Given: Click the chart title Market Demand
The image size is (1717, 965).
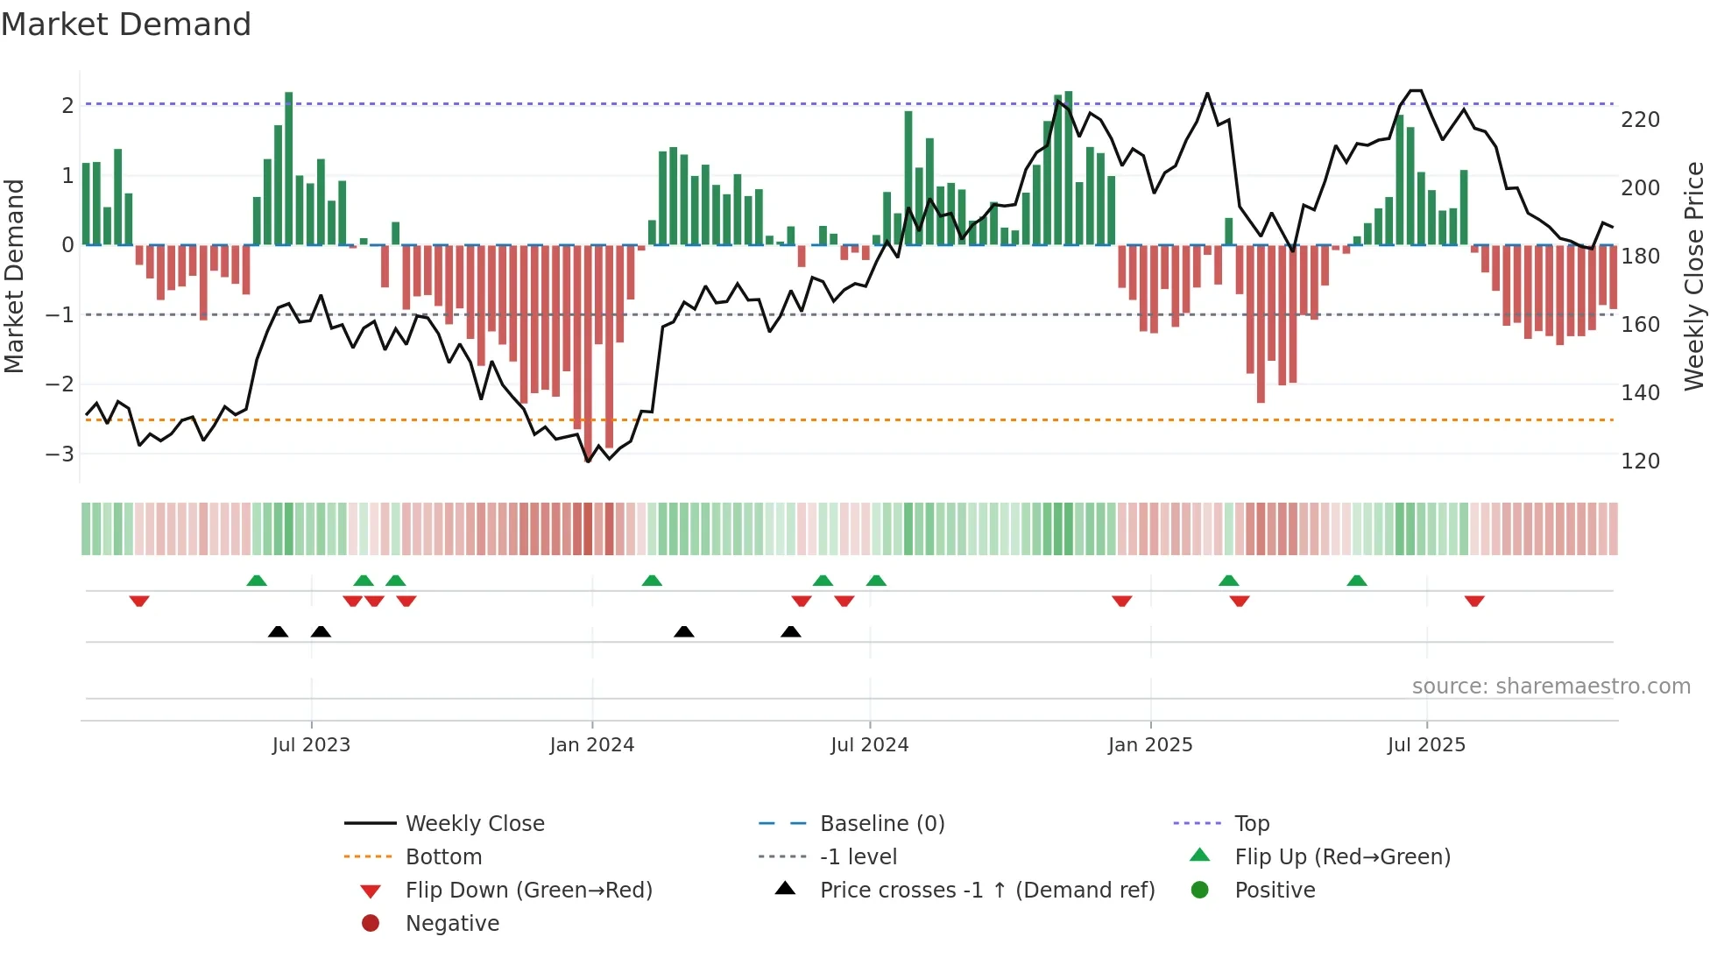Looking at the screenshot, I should (126, 25).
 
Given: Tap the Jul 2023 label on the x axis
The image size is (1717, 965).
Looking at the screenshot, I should (311, 745).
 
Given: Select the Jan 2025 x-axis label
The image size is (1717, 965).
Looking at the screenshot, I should (1150, 745).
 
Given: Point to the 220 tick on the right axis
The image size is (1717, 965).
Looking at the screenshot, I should (1640, 120).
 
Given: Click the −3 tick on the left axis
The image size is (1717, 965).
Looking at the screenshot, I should (60, 454).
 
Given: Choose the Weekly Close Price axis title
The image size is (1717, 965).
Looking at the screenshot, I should (1694, 276).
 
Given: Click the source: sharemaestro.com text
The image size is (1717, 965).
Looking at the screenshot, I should (1551, 687).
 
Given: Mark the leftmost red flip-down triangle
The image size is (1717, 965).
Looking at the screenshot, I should (139, 601).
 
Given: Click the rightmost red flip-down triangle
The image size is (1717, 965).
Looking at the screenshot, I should (1474, 601).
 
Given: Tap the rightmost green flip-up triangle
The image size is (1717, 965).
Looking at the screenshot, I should (1357, 581).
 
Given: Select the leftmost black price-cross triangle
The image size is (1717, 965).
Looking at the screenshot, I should (278, 631).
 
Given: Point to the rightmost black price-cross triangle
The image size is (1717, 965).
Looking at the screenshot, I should (790, 631).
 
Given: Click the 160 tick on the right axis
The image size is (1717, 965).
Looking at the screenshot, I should (1640, 325).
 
